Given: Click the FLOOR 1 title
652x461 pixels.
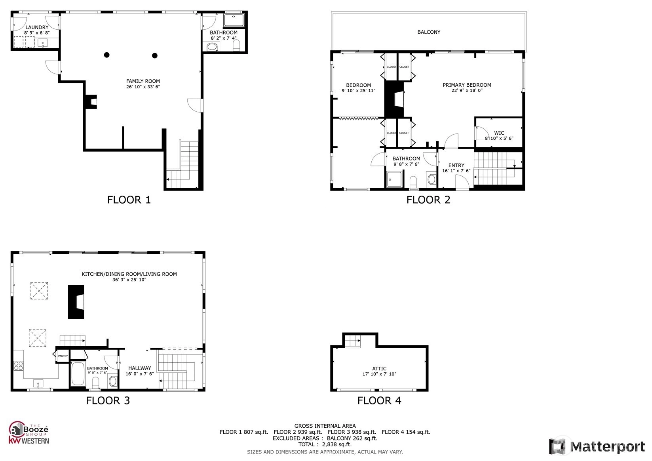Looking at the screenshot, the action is click(x=129, y=200).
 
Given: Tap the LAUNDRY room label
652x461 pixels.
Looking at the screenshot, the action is click(x=37, y=27).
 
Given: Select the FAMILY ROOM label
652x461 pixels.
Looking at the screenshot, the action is click(x=143, y=81).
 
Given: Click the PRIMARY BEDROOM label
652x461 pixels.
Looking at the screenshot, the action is click(x=467, y=85).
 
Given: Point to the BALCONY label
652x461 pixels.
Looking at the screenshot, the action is click(x=429, y=32).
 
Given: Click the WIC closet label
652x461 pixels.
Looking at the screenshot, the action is click(x=499, y=133).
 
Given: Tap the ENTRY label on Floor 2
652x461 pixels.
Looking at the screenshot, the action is click(x=456, y=166).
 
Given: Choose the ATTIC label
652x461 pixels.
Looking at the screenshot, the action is click(x=379, y=369).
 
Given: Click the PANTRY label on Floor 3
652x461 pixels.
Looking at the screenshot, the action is click(x=63, y=356).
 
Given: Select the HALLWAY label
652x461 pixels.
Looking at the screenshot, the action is click(x=140, y=368).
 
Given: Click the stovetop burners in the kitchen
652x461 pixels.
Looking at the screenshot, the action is click(x=19, y=366).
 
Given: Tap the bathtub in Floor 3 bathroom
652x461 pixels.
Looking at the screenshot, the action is click(x=78, y=373).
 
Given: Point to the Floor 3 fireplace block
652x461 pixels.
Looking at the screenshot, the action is click(x=76, y=302).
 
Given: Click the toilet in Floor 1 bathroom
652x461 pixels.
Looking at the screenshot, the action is click(x=236, y=46).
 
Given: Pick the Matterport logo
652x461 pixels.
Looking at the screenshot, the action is click(x=597, y=446).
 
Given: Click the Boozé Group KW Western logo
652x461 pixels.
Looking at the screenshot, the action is click(x=29, y=433).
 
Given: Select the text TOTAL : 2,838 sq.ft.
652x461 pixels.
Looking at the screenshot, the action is click(x=325, y=444).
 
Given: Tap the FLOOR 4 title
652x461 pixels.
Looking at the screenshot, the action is click(x=379, y=401).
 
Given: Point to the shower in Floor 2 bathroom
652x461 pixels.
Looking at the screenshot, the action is click(x=394, y=179).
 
